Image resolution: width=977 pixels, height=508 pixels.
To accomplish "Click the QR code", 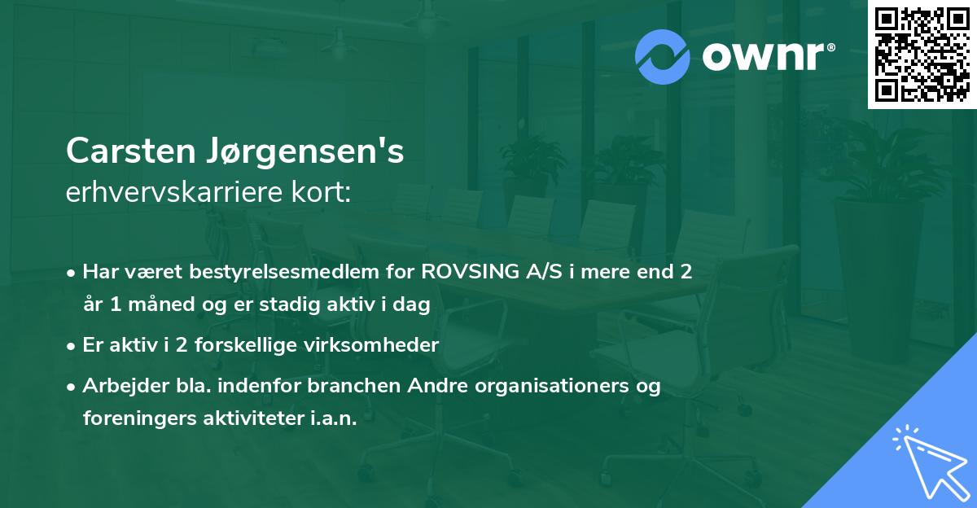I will [922, 55].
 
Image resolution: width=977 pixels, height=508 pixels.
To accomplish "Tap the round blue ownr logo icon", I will [663, 56].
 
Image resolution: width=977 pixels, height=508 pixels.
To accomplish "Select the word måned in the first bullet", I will [165, 305].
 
